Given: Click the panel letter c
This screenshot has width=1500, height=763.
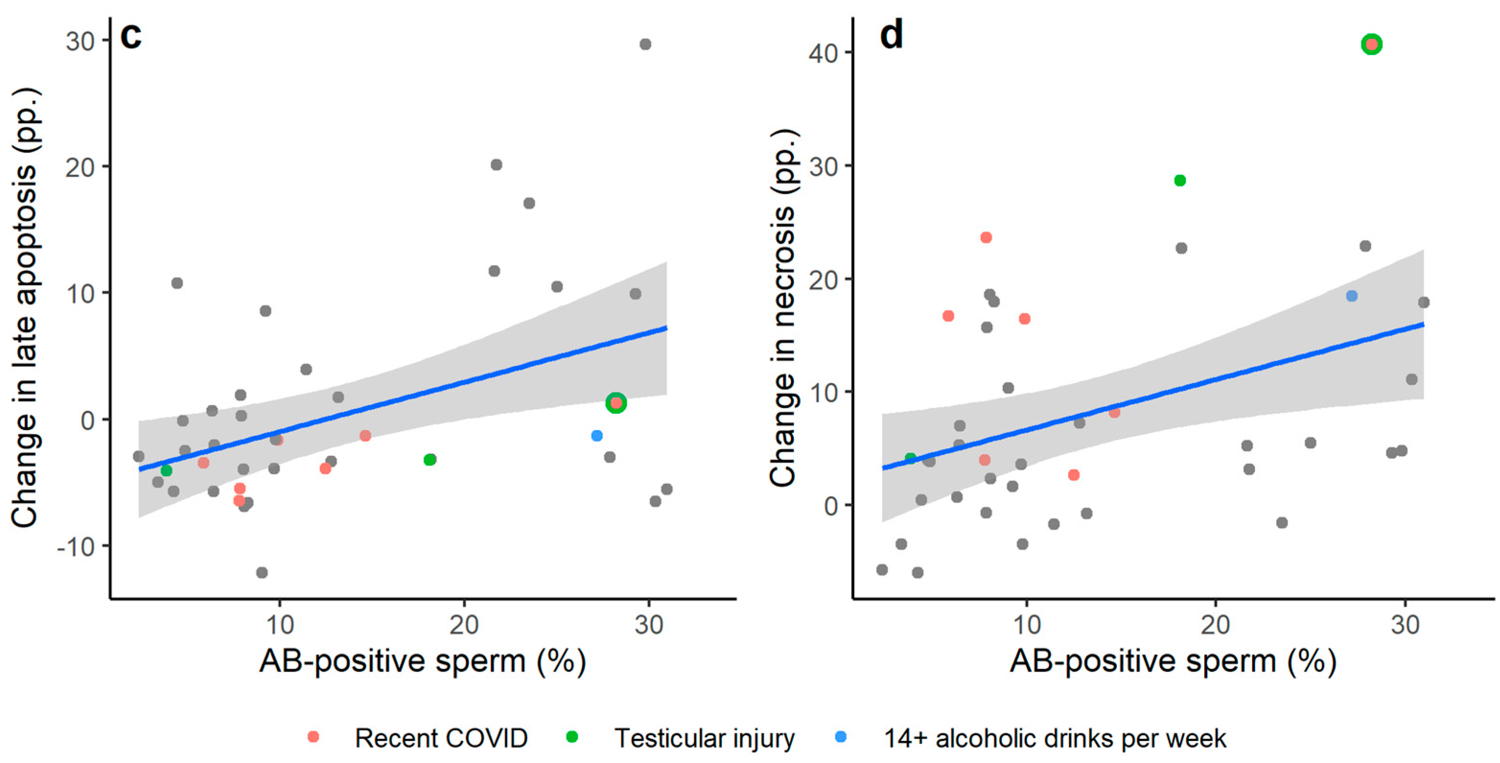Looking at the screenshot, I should [x=131, y=36].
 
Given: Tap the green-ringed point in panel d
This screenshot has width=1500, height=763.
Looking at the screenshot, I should [x=1372, y=44].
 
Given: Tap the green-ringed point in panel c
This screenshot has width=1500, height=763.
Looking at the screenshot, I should [x=616, y=403].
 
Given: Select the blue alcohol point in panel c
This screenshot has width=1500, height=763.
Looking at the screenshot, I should [x=596, y=436].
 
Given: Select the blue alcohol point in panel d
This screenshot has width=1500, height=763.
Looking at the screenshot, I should [x=1351, y=296].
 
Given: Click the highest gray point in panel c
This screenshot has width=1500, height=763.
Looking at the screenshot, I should [x=645, y=44].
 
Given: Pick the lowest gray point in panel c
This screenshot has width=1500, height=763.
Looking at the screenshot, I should [x=262, y=573].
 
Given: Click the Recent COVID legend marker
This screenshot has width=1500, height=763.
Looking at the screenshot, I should [x=313, y=737].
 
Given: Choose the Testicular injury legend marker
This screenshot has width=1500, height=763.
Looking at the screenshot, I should [x=572, y=737].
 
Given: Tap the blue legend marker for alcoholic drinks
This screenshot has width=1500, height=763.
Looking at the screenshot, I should [x=841, y=737].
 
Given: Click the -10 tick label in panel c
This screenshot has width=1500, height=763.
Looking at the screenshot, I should [x=76, y=547].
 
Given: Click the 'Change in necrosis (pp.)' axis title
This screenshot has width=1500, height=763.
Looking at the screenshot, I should [x=783, y=308].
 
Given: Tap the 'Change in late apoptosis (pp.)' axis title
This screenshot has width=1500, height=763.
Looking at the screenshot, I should [x=24, y=308].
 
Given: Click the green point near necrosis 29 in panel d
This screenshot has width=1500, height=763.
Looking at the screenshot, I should [x=1180, y=181].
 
